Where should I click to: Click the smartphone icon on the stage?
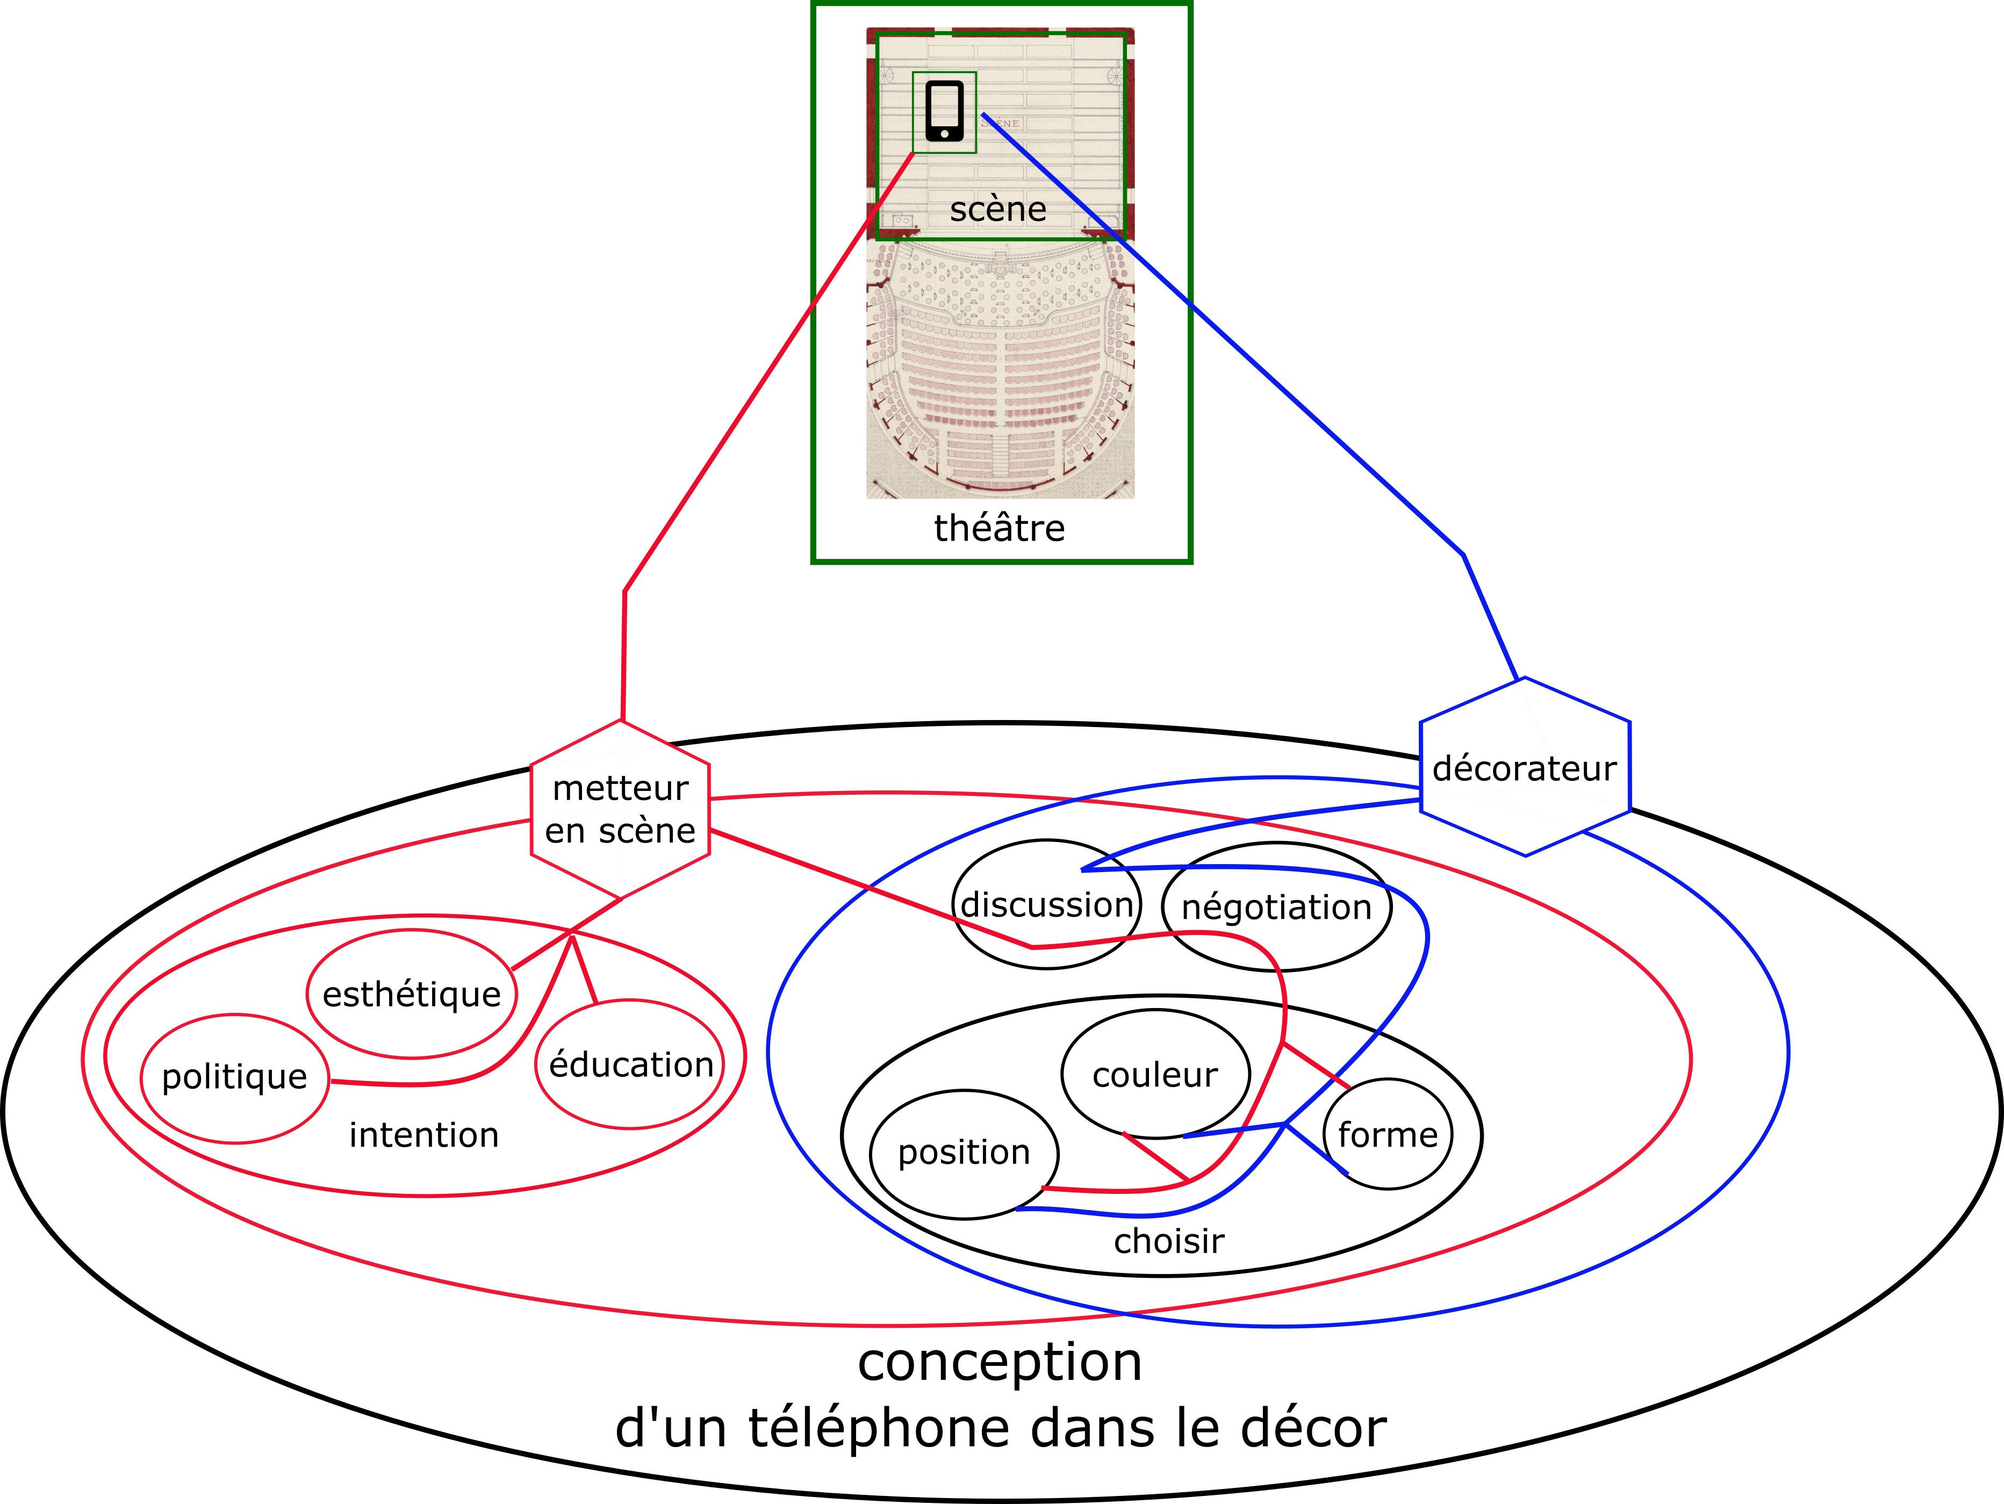[944, 111]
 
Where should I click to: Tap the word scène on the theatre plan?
[997, 209]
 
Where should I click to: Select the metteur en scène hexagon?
[621, 809]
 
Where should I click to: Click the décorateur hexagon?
[1525, 767]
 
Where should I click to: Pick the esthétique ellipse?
[411, 994]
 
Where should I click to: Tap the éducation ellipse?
[630, 1064]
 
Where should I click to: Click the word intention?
[424, 1134]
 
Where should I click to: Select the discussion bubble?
[1046, 904]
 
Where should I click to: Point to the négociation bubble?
[1276, 907]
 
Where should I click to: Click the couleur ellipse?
[1155, 1075]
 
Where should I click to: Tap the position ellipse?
[964, 1153]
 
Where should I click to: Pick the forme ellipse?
[1387, 1134]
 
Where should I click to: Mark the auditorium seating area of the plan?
[1000, 371]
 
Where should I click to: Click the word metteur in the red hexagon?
[621, 788]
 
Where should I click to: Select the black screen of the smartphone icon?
[944, 107]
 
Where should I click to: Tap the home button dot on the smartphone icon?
[944, 134]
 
